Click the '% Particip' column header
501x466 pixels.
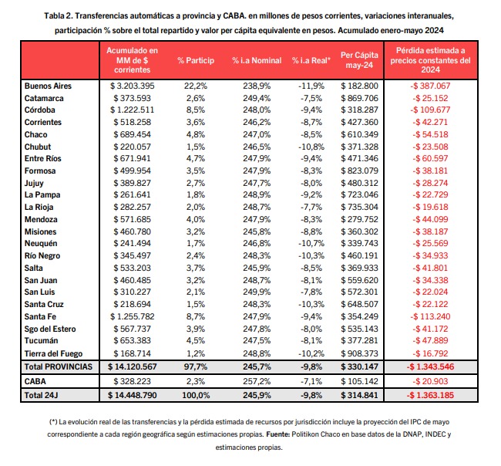196,60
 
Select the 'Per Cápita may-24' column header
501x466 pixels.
359,60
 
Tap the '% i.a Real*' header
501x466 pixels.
311,60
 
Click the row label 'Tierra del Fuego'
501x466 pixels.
53,353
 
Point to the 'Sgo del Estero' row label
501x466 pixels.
50,329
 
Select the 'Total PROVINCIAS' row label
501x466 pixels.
58,366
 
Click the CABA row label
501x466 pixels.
35,382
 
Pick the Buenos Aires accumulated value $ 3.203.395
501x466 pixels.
133,86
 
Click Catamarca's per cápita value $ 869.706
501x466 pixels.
359,98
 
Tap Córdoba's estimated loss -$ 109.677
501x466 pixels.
430,110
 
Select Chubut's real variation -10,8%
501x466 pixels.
311,147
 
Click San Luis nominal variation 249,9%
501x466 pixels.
257,292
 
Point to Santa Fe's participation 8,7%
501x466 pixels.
196,316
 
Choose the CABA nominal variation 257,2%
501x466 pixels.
257,382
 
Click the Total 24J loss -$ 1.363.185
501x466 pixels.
430,395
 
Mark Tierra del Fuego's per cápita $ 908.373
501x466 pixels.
359,353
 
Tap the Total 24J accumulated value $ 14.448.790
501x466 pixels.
133,395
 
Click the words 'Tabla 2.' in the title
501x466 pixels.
59,15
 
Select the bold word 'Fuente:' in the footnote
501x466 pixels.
278,434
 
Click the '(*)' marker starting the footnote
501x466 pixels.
53,422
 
